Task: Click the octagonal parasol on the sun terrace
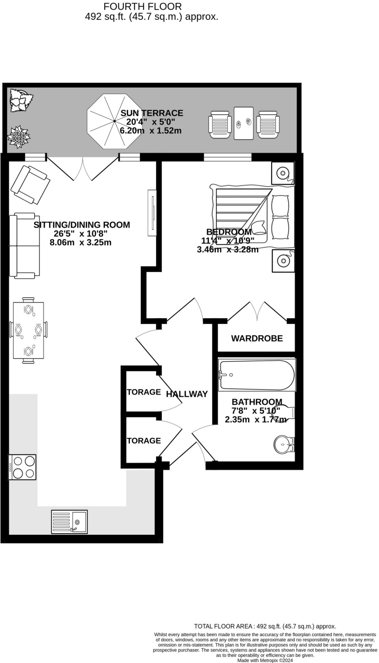[114, 121]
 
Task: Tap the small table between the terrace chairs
[243, 123]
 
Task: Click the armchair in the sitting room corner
[30, 185]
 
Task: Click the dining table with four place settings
[29, 330]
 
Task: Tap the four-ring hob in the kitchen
[22, 467]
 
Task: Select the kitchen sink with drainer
[69, 522]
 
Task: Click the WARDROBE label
[257, 338]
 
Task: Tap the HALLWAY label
[187, 394]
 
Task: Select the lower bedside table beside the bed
[283, 261]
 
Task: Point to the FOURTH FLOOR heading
[142, 6]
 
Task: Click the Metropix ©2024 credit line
[265, 660]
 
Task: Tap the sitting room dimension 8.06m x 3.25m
[80, 242]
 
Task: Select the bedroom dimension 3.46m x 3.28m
[228, 250]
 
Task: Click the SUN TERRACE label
[152, 113]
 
